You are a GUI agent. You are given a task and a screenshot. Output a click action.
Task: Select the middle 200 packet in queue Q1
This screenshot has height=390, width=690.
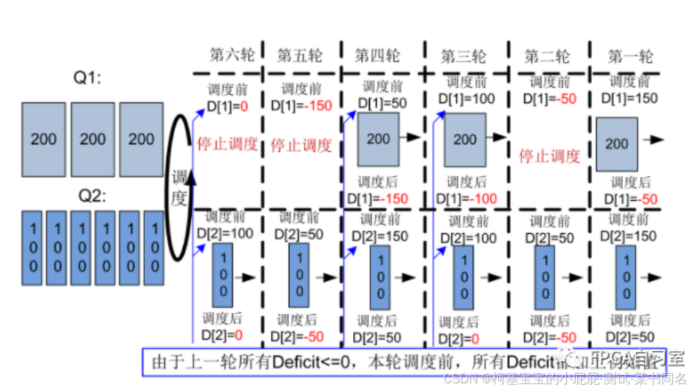coord(93,139)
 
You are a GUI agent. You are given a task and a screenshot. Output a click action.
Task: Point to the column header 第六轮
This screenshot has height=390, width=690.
coord(231,55)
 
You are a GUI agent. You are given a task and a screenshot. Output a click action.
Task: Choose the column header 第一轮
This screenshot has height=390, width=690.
coord(630,55)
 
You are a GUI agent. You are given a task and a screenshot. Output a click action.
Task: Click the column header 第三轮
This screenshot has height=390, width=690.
coord(463,56)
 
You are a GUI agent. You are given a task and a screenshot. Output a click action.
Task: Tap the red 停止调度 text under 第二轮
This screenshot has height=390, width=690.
coord(550,156)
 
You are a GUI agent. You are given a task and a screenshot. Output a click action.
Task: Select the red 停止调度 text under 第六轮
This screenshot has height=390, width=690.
coord(227,145)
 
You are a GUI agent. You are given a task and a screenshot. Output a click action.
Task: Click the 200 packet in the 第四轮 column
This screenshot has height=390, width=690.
coord(379,138)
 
